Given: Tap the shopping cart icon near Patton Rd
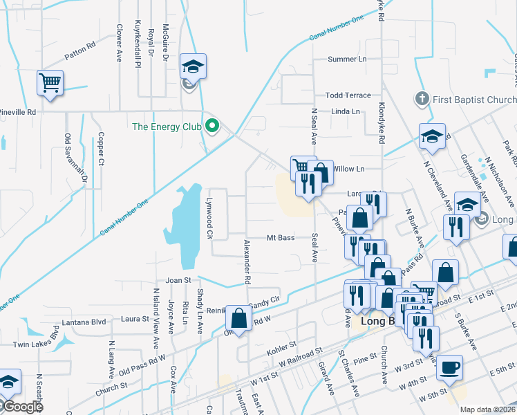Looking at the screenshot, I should (50, 83).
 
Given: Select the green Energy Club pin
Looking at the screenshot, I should (213, 127).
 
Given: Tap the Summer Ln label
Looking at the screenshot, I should (347, 59).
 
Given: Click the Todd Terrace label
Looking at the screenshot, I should (348, 95).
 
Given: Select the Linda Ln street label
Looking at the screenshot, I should (346, 111).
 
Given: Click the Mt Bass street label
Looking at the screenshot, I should (281, 238).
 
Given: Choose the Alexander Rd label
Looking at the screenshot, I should (247, 262).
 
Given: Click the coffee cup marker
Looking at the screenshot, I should (450, 367).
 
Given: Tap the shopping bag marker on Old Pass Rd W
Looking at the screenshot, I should (238, 318).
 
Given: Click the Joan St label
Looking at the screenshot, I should (178, 280).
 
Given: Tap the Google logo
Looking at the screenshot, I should (23, 407).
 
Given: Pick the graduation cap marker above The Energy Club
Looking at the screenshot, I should (193, 66).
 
